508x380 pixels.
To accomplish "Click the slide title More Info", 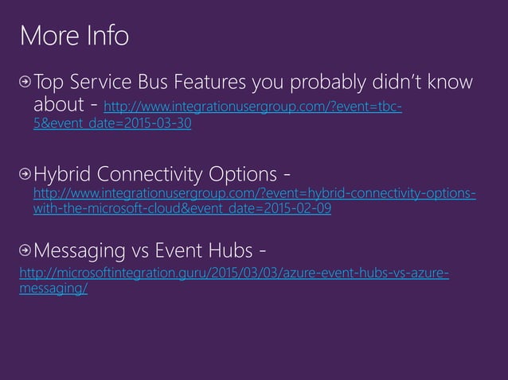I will [x=74, y=36].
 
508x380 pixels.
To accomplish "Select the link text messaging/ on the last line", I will [x=53, y=289].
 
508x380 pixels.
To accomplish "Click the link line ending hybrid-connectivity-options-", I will [x=255, y=195].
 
